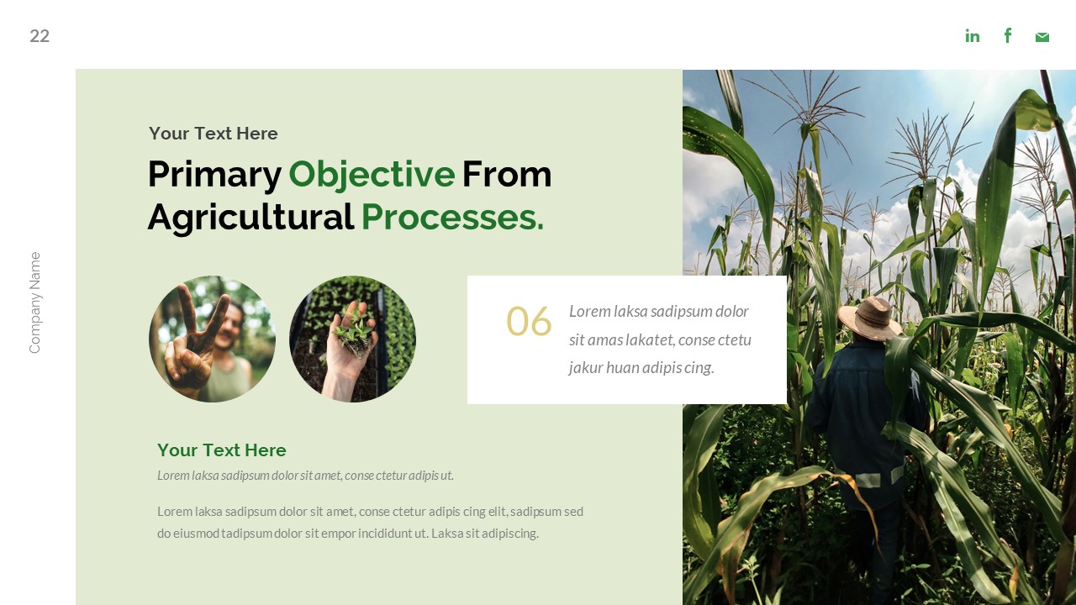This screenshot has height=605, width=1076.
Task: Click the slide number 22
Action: click(40, 36)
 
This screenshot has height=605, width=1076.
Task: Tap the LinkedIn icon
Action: click(973, 35)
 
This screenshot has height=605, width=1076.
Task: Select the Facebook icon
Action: click(1008, 35)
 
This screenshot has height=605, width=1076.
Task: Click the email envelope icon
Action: click(1042, 37)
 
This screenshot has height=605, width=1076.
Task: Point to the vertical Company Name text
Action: click(34, 302)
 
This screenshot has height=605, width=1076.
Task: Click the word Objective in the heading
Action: click(372, 175)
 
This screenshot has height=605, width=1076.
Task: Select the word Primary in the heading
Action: click(214, 175)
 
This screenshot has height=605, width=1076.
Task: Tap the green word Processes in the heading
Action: click(452, 218)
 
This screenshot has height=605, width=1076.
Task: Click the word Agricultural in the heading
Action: click(251, 218)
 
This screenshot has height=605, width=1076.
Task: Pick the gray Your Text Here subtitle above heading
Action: click(213, 134)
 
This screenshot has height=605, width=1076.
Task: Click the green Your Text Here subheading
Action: click(221, 450)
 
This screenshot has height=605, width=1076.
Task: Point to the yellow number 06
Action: click(529, 322)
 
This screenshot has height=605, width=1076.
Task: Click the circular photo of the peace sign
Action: click(212, 339)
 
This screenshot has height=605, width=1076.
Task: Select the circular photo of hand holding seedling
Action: click(352, 339)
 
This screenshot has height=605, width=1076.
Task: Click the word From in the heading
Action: click(507, 175)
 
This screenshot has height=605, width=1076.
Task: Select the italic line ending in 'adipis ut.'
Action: click(305, 476)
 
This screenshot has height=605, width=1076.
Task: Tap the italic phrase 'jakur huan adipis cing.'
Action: click(641, 368)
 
